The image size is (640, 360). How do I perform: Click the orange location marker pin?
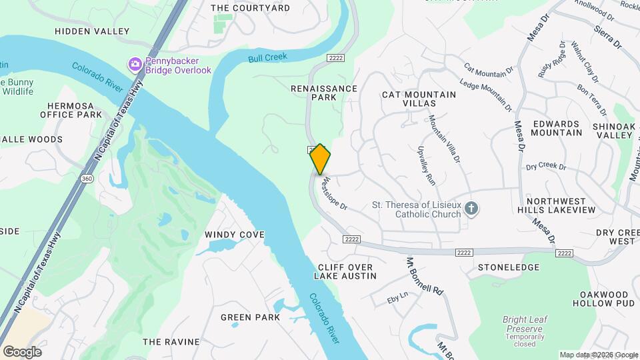320,159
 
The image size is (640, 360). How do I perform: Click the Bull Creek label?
267,58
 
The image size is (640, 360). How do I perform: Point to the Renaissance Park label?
324,93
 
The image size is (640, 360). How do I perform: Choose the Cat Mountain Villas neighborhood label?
419,99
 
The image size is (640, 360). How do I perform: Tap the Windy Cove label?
235,235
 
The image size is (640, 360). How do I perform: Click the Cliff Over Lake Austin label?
345,271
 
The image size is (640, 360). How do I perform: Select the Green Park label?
250,317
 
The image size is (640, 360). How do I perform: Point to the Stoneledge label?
508,267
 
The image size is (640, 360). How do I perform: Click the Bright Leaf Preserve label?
525,325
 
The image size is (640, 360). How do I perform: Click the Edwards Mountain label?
557,128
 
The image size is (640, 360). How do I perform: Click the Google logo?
22,352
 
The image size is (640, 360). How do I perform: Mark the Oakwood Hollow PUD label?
604,299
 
